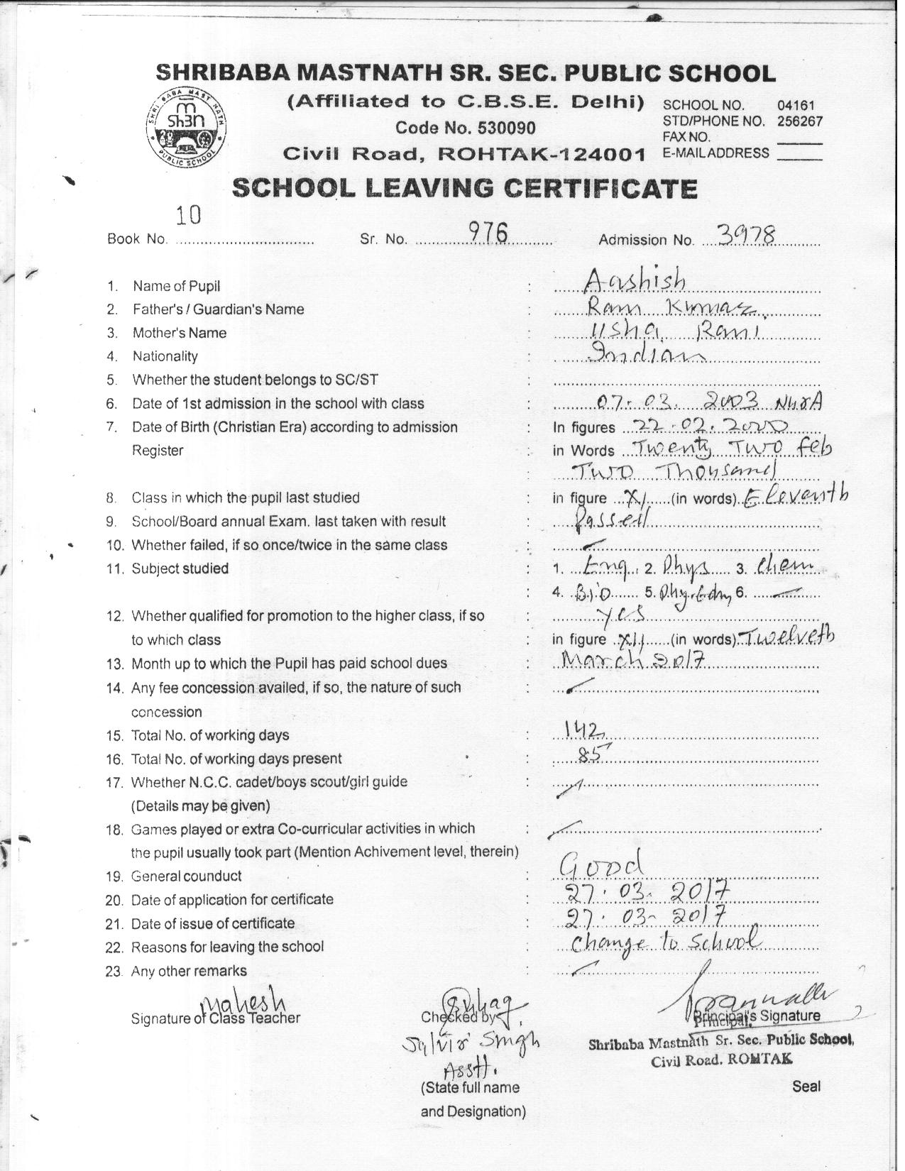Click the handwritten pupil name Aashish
(634, 282)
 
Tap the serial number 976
(486, 231)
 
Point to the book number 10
(189, 214)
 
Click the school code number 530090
(466, 128)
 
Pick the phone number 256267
(800, 121)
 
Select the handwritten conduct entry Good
(602, 864)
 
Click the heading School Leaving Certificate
(465, 188)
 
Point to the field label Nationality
(165, 356)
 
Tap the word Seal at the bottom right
(806, 1086)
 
